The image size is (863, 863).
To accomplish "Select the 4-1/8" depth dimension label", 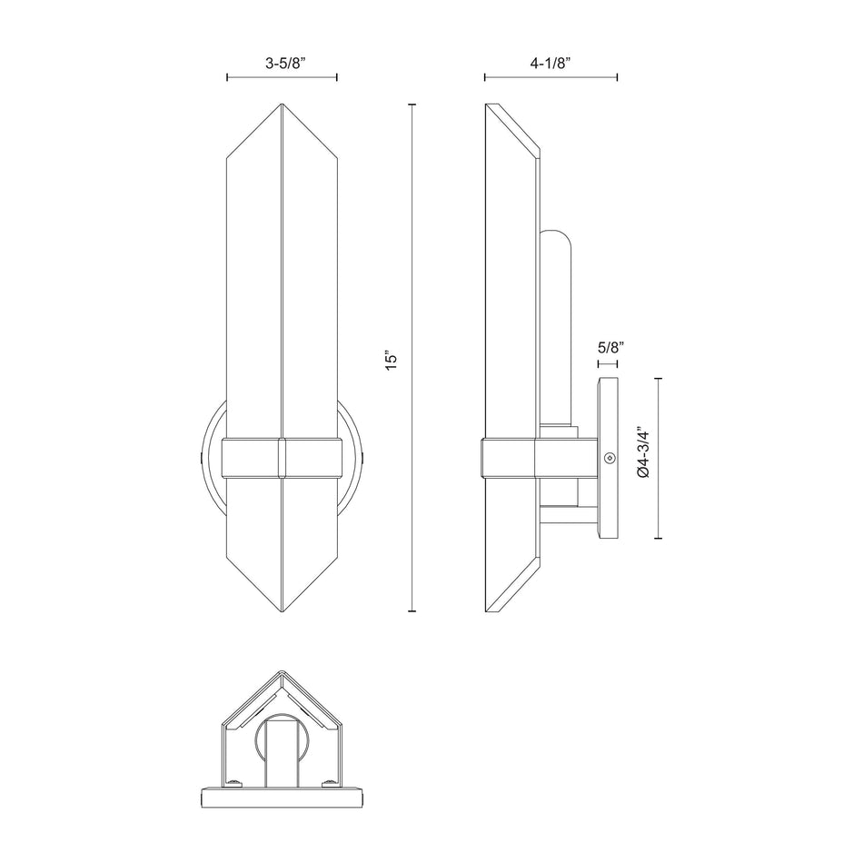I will [x=551, y=64].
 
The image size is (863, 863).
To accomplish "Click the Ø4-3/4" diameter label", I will [x=642, y=453].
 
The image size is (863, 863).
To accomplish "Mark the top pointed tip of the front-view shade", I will [x=282, y=106].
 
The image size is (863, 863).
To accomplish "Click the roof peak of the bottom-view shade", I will [x=282, y=673].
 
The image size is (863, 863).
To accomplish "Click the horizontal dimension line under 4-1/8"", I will [x=551, y=78].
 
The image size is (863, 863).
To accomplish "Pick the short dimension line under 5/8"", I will [x=608, y=364].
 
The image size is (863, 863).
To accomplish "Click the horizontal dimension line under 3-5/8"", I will [x=282, y=78].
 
